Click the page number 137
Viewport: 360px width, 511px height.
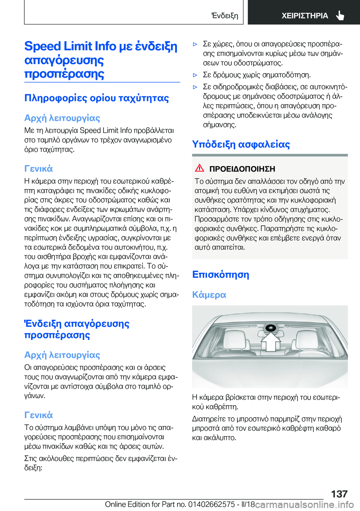[x=339, y=494]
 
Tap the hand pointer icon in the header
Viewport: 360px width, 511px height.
[x=340, y=15]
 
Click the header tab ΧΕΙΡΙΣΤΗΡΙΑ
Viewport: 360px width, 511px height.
[x=304, y=16]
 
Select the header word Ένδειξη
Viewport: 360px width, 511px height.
[x=224, y=16]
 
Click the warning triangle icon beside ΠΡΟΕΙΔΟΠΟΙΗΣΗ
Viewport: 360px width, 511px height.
[x=199, y=168]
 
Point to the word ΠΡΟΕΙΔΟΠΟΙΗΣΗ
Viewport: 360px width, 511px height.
[x=242, y=169]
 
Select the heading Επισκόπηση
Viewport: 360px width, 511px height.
[x=220, y=275]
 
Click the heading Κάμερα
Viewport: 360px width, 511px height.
[x=209, y=295]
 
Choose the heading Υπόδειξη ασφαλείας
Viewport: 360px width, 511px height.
[x=241, y=144]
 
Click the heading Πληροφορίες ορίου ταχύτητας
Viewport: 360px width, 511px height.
[x=96, y=98]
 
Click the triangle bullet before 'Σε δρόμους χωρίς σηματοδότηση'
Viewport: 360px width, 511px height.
[x=195, y=75]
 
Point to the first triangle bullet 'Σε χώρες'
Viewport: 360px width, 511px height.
[x=195, y=44]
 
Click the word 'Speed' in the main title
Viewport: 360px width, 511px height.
[x=42, y=46]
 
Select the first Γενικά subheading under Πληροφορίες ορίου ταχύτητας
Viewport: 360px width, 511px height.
[x=38, y=169]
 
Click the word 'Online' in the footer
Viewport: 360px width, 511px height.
[x=115, y=504]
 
